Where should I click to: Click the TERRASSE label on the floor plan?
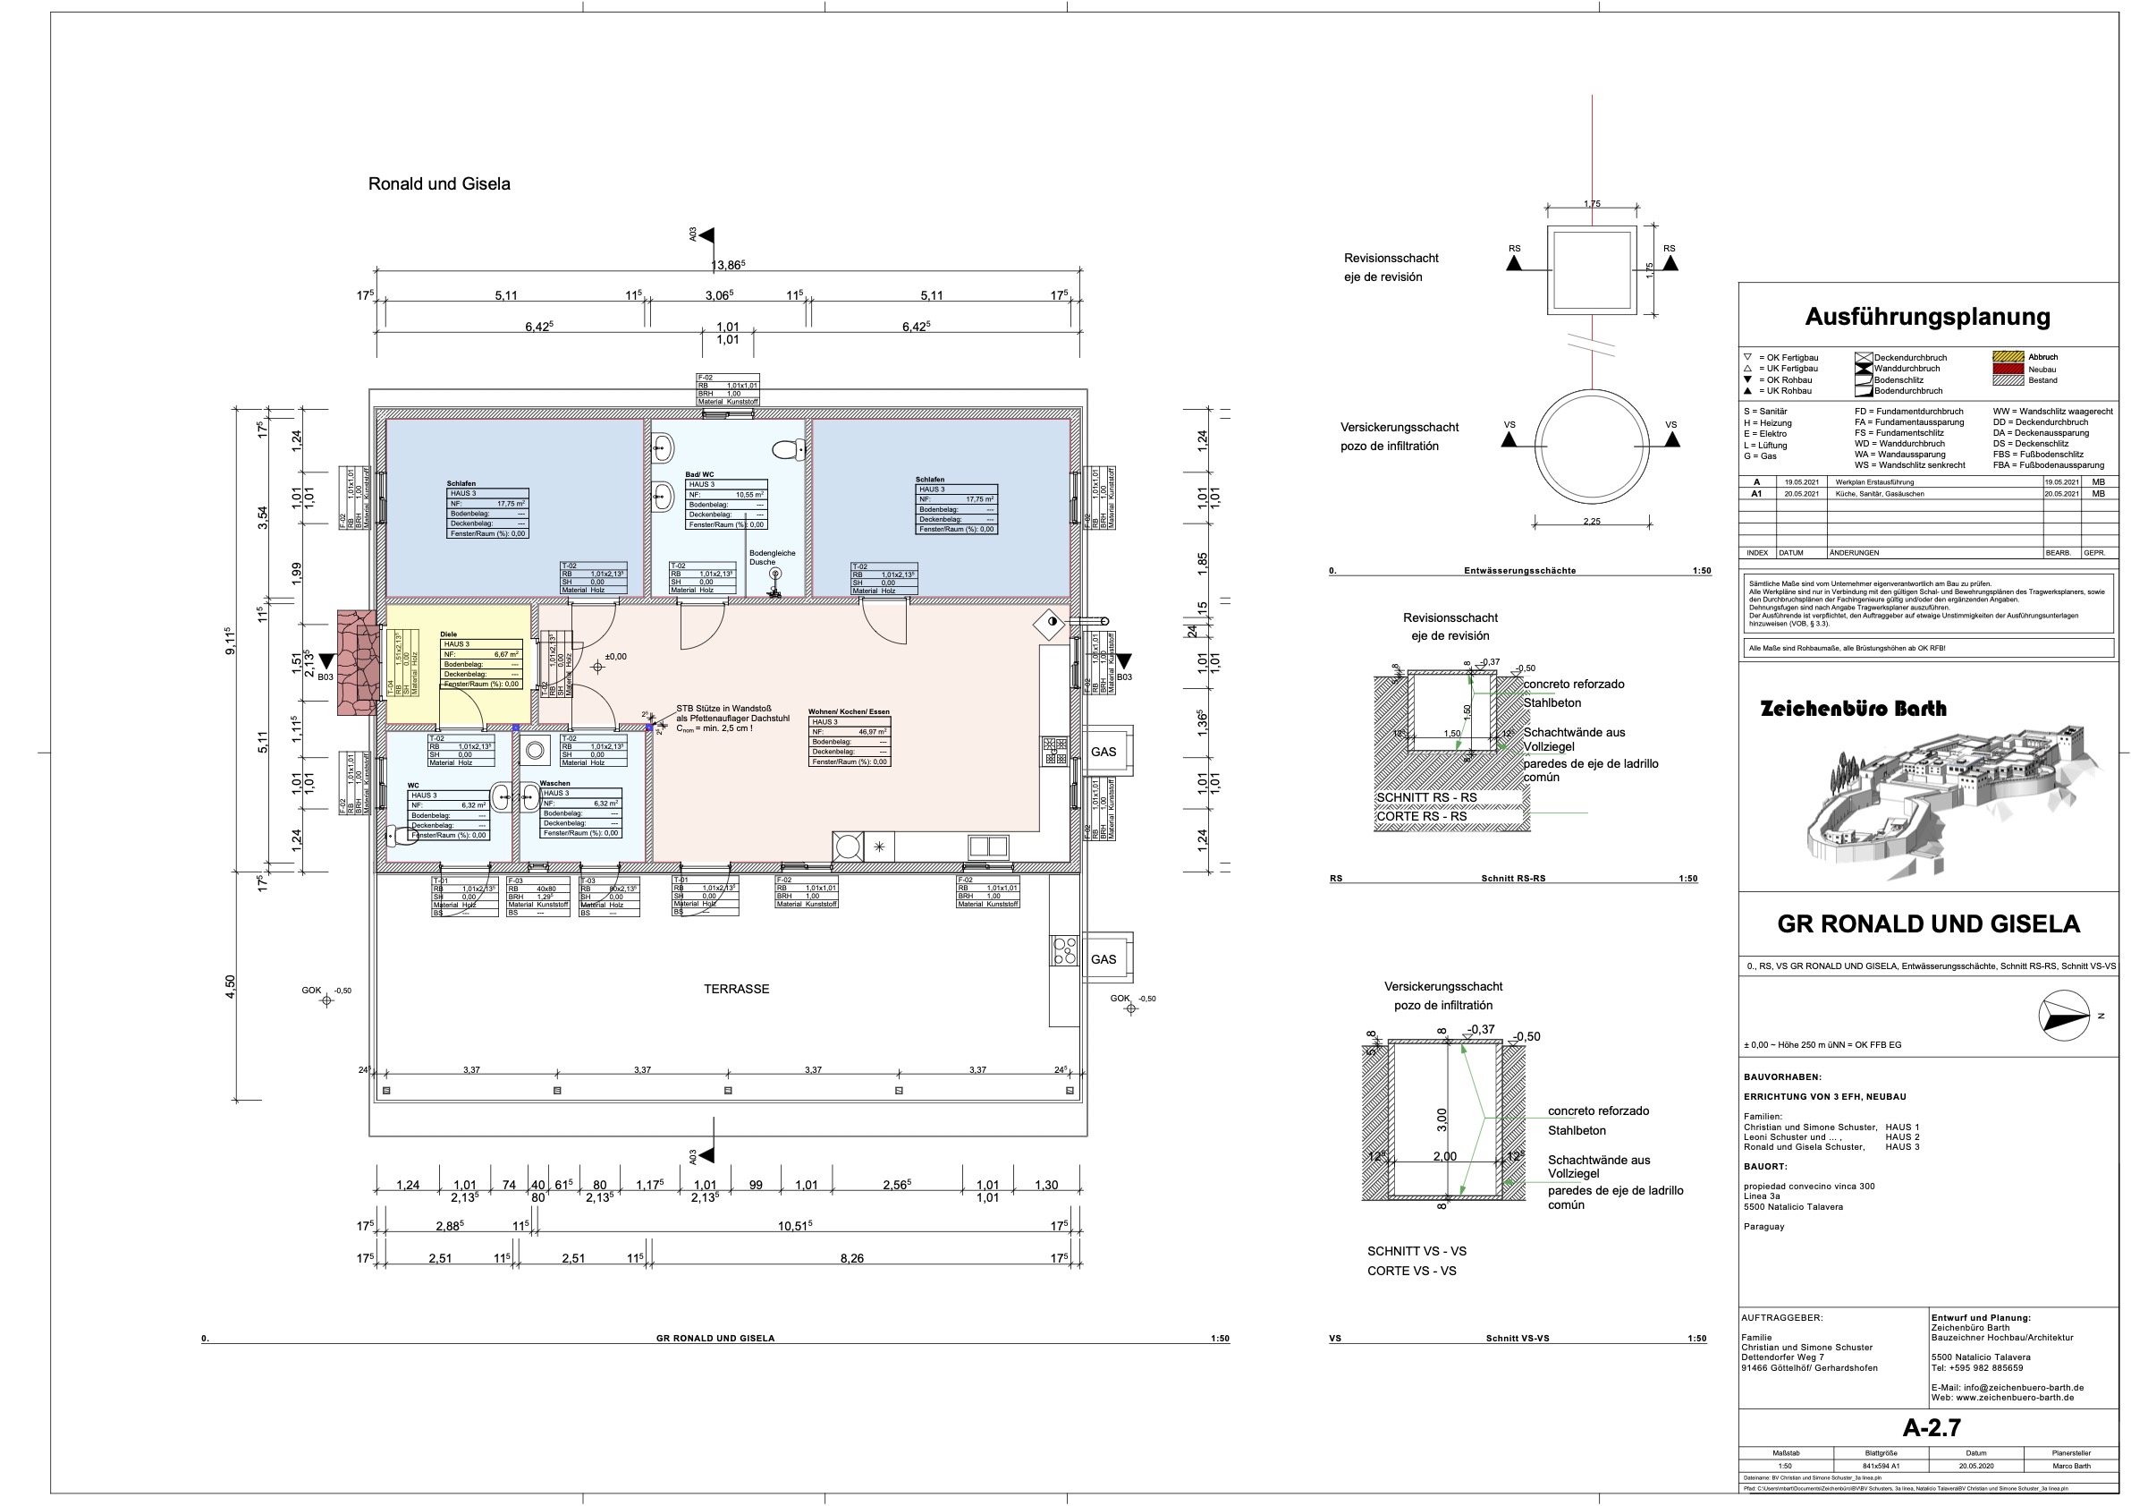(736, 989)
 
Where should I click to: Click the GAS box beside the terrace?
(1104, 959)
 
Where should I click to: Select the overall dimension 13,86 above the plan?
(728, 266)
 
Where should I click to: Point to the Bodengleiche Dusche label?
(773, 557)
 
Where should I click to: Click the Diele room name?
(448, 634)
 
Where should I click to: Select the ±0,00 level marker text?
(615, 657)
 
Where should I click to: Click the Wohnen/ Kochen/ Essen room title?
(849, 712)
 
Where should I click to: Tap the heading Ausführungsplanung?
(1927, 317)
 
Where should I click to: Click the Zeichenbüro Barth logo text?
(1853, 709)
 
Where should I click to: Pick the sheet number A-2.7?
(1932, 1427)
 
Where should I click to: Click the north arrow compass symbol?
(2064, 1016)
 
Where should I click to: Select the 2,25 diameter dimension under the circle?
(1591, 522)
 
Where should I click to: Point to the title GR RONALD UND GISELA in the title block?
(1928, 923)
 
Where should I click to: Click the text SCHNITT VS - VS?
(1416, 1251)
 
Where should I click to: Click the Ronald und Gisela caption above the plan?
(439, 183)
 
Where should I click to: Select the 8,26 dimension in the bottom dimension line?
(851, 1258)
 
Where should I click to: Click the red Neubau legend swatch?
(2008, 369)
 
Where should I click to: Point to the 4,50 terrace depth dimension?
(230, 986)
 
